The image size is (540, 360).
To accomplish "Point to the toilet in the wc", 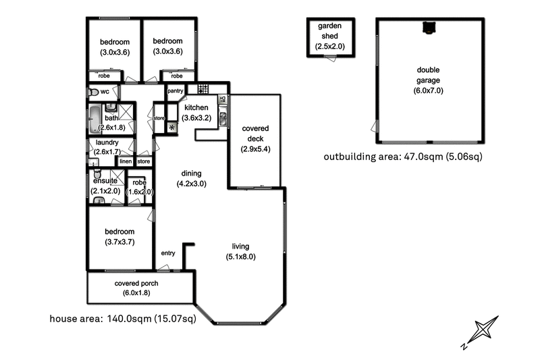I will (x=93, y=93).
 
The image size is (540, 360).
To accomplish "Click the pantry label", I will (x=175, y=91).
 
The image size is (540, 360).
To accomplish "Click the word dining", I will (x=190, y=174).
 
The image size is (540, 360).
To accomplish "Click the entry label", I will (x=168, y=253).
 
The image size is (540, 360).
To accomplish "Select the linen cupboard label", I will (x=126, y=161).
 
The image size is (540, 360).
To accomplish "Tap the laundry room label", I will (x=107, y=143).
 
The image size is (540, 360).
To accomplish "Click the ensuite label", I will (x=105, y=182).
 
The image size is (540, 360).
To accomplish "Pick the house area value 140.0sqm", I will (x=130, y=319).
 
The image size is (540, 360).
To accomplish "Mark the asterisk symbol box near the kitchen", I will (x=171, y=127).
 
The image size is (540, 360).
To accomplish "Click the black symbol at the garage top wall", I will (x=427, y=27).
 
